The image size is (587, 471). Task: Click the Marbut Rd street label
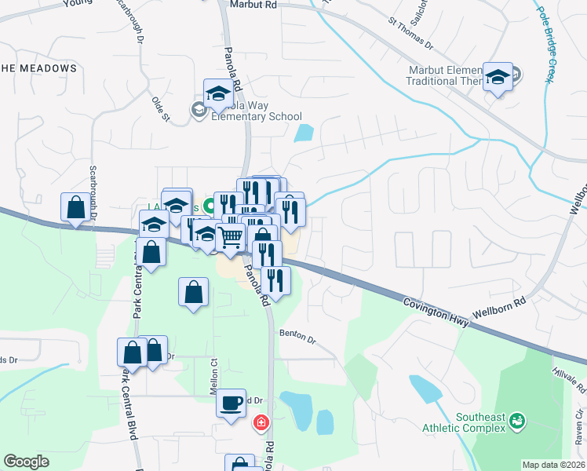click(x=254, y=5)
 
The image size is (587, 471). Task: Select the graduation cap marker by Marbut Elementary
click(x=498, y=77)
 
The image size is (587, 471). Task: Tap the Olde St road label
click(x=160, y=109)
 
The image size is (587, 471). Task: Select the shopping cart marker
click(x=230, y=236)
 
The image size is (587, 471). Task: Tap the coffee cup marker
click(x=231, y=403)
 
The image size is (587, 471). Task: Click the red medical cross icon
click(x=261, y=423)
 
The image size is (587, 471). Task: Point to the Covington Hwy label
click(x=436, y=312)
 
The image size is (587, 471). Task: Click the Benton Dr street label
click(x=297, y=336)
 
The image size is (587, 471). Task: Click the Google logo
click(x=27, y=462)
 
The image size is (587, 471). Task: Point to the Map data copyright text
click(x=553, y=465)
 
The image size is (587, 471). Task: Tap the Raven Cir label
click(x=580, y=429)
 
